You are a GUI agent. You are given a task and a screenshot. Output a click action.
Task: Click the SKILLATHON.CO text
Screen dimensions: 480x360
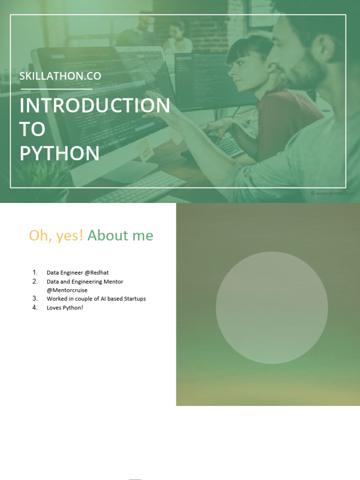coord(60,76)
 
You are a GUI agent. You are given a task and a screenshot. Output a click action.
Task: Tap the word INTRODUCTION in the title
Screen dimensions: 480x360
coord(95,106)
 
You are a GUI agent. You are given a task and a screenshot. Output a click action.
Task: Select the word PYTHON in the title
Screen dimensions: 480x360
coord(60,154)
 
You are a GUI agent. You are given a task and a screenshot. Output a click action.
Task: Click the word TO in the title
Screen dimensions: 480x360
coord(32,130)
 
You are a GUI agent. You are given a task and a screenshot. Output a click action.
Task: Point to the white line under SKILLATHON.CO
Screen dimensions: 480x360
coord(56,89)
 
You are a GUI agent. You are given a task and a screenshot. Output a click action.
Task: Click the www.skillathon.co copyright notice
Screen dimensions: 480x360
coord(333,193)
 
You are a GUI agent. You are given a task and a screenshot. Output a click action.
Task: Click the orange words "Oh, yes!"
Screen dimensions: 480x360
coord(56,235)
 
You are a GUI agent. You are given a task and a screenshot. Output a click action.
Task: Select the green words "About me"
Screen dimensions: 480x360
coord(120,235)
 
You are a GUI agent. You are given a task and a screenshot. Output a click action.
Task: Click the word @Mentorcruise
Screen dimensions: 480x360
coord(67,290)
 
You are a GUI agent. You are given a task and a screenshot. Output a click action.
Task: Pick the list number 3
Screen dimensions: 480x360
coord(35,299)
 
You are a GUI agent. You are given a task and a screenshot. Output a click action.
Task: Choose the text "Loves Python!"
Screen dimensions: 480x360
coord(65,308)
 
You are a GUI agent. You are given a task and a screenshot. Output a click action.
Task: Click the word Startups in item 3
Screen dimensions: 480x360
coord(135,299)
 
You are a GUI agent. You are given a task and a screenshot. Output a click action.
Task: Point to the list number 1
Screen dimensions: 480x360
coord(35,272)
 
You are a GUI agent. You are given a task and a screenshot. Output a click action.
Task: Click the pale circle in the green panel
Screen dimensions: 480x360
coord(271,307)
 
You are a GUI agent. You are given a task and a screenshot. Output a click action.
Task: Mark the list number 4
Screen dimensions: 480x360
coord(35,308)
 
